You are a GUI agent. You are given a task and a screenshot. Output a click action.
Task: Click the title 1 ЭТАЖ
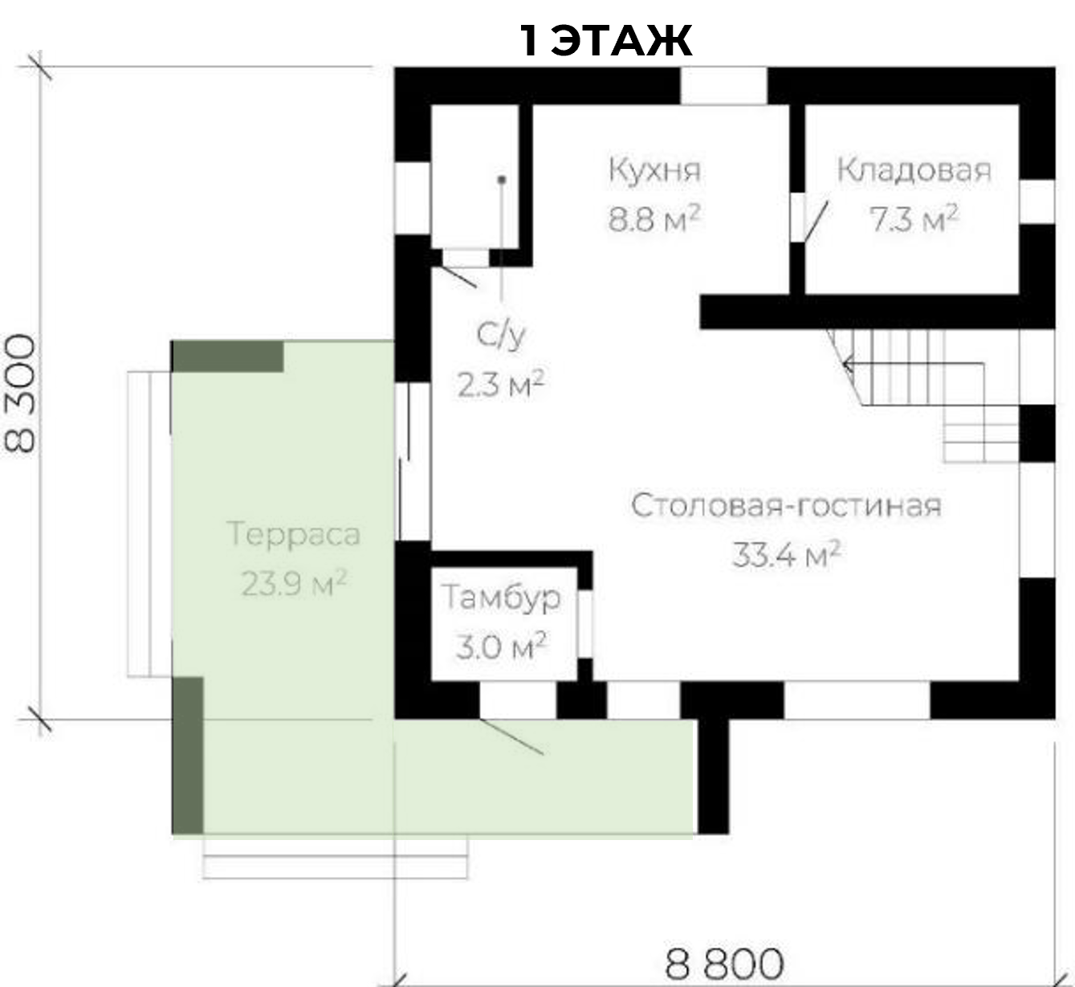pos(605,41)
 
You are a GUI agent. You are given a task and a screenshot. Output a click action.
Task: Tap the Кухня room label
pos(654,170)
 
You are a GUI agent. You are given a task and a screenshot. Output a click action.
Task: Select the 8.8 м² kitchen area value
pos(654,218)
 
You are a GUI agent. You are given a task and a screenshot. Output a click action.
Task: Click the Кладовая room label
pos(914,171)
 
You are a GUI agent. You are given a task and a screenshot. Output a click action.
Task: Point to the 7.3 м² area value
pos(913,218)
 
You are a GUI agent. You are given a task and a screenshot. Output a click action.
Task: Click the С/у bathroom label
pos(501,336)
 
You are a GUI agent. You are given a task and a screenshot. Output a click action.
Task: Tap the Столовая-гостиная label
pos(786,506)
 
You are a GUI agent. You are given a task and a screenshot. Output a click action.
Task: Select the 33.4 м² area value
pos(786,554)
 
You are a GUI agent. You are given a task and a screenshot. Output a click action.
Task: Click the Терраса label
pos(294,536)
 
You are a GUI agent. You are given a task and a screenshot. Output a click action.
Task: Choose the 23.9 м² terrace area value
pos(294,583)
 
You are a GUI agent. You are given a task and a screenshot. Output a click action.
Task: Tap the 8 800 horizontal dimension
pos(724,964)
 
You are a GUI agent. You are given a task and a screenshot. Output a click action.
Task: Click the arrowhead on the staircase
pos(848,365)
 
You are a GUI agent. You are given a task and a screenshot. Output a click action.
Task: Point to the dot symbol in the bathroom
pos(502,180)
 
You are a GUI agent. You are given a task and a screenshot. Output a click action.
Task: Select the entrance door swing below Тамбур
pos(511,736)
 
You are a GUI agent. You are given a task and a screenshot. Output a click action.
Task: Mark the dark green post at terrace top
pos(228,356)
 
